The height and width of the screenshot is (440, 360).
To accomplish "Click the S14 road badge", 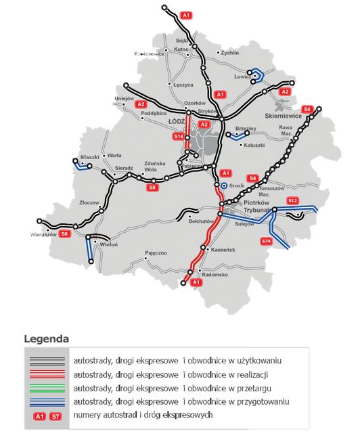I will click(x=179, y=137).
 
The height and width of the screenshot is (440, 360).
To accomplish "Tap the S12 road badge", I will click(x=292, y=200).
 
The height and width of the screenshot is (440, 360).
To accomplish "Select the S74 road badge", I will click(x=266, y=241).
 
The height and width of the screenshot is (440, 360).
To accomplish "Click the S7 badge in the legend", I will click(x=56, y=415).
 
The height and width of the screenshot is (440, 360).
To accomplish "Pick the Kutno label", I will click(x=181, y=49).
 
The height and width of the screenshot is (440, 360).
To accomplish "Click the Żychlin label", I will click(x=230, y=52).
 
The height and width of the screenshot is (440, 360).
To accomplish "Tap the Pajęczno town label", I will click(x=156, y=252).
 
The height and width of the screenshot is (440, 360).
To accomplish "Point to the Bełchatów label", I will click(x=201, y=221).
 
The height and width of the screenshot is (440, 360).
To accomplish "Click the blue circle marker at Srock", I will click(x=224, y=184).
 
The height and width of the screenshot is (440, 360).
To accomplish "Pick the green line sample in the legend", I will click(x=47, y=388).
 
